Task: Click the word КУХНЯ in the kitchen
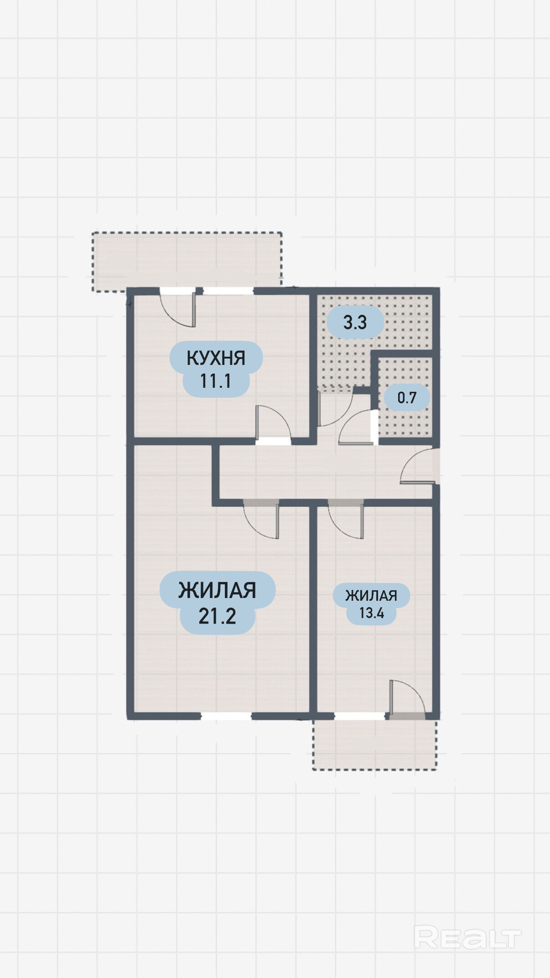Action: tap(216, 358)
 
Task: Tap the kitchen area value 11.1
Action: tap(216, 381)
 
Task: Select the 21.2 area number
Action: tap(217, 616)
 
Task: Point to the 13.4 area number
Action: tap(372, 613)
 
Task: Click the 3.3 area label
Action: tap(355, 323)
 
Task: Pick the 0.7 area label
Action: tap(407, 398)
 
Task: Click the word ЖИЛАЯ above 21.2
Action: tap(217, 590)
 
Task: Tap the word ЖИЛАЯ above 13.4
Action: tap(371, 596)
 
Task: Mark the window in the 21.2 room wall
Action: tap(226, 716)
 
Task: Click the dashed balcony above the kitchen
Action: tap(187, 261)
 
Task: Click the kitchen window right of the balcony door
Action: tap(228, 291)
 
